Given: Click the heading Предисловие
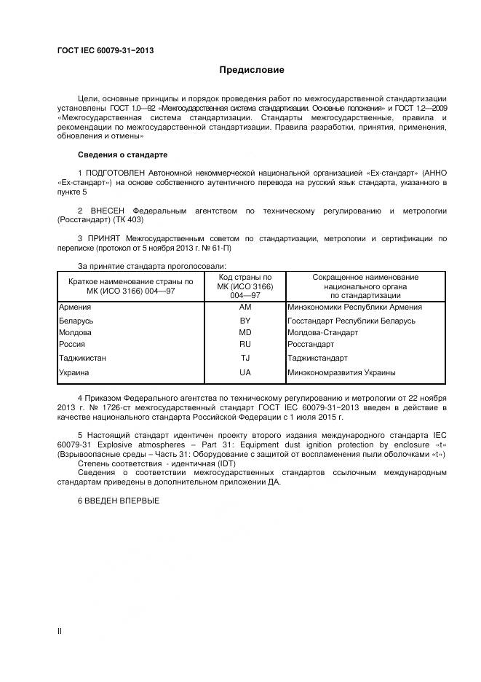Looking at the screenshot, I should click(253, 70).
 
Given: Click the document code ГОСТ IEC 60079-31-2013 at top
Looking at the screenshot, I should click(106, 50).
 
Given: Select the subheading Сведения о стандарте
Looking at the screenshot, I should click(122, 155).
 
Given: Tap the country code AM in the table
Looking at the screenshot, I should click(245, 307).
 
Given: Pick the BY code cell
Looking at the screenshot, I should click(245, 321).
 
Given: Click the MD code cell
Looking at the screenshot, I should click(245, 332).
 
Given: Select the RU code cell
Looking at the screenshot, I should click(245, 344).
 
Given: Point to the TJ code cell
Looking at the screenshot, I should click(245, 358).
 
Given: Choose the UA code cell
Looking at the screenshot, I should click(245, 372).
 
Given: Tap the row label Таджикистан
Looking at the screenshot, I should click(82, 358).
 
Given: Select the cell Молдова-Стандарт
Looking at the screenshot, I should click(323, 332).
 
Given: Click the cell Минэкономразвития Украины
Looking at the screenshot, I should click(341, 372).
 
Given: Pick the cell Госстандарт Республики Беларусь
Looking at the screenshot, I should click(351, 321).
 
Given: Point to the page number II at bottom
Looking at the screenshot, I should click(60, 631).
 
